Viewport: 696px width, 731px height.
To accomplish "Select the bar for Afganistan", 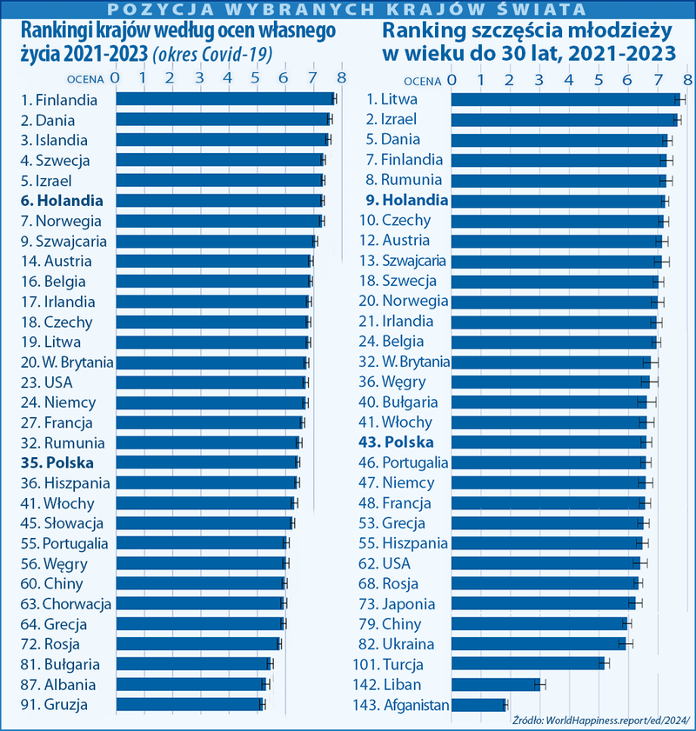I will [x=478, y=705].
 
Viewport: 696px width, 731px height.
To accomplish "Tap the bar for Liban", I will [x=495, y=684].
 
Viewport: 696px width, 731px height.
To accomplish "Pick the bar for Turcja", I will [x=527, y=664].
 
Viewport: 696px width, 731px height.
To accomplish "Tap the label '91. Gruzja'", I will [x=54, y=705].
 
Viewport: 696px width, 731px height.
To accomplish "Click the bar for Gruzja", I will [x=188, y=705].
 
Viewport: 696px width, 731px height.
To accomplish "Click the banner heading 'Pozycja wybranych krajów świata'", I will [x=348, y=10].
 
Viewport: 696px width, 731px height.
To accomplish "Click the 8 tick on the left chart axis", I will [x=341, y=78].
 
